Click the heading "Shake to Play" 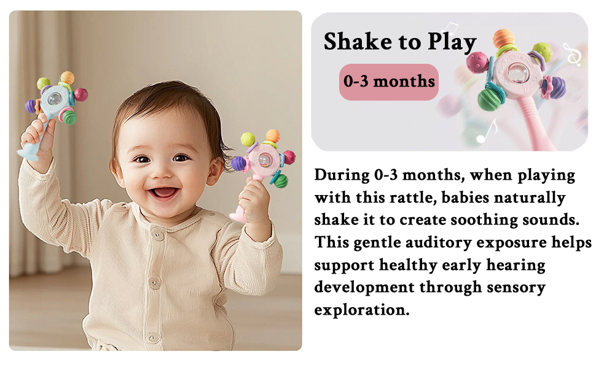click(x=400, y=42)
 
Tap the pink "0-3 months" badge click(x=389, y=82)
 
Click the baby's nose click(x=163, y=171)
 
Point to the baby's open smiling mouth click(x=164, y=193)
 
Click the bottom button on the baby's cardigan click(x=153, y=338)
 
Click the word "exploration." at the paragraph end click(x=362, y=310)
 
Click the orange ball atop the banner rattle click(x=504, y=39)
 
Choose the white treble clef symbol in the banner click(x=573, y=54)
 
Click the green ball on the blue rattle click(x=69, y=117)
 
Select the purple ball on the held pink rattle click(x=238, y=163)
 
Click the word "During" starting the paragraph click(x=342, y=175)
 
